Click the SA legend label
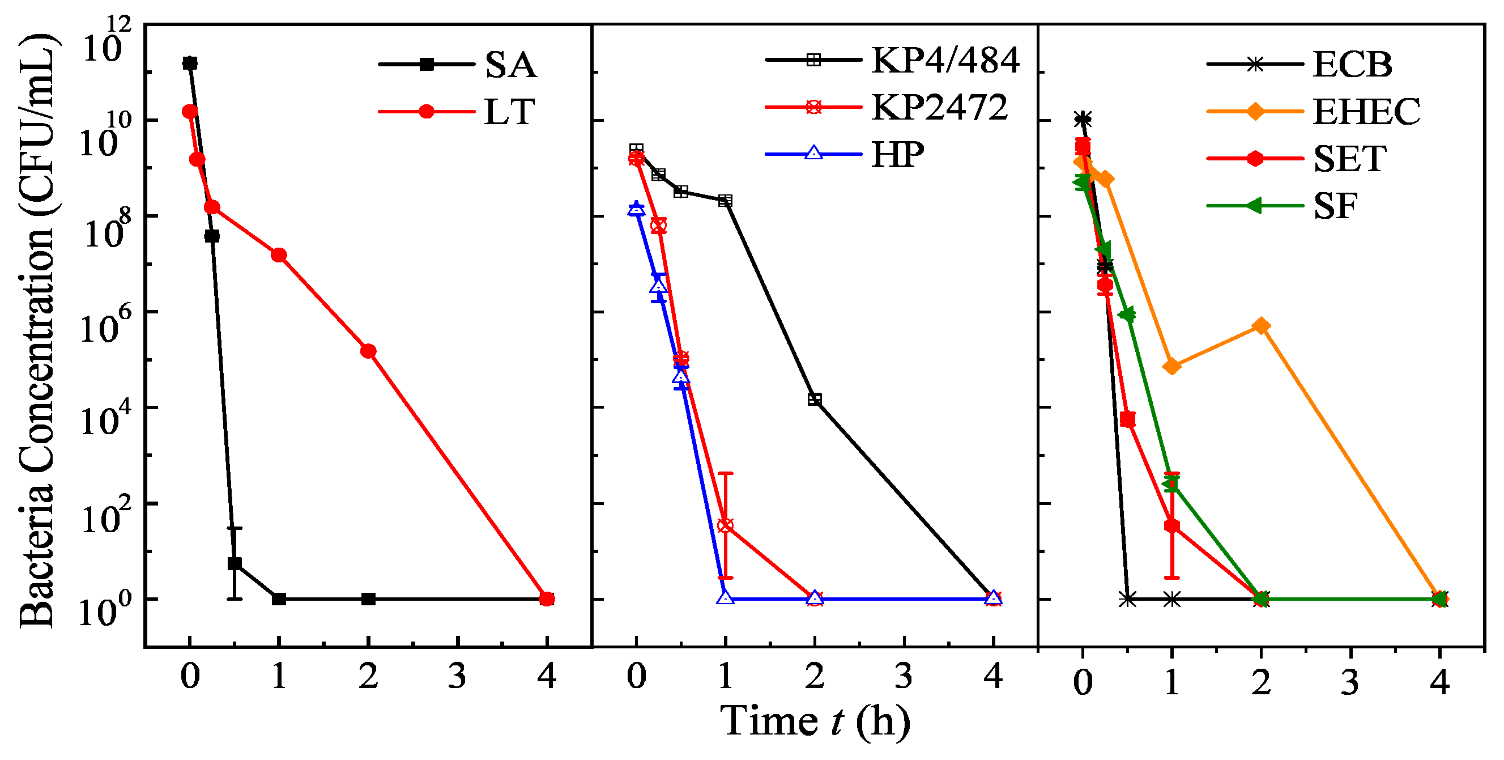510,64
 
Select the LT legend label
509,112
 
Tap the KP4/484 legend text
945,60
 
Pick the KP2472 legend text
939,108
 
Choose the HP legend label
897,155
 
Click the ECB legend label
1352,64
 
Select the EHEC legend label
1366,112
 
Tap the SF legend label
1335,206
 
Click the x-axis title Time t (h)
815,721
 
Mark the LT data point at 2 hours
368,351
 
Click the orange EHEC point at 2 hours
1261,326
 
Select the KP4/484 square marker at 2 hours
815,400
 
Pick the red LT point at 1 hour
279,255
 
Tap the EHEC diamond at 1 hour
1172,367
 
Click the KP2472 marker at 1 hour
725,525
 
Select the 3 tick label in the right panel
1350,682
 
